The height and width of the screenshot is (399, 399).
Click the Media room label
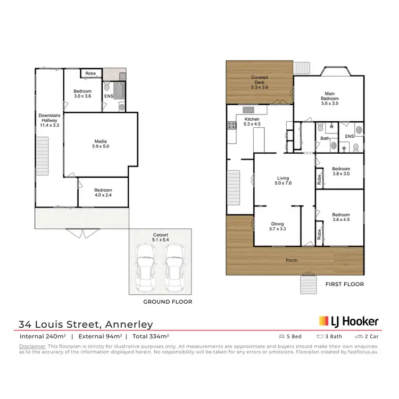(x=101, y=143)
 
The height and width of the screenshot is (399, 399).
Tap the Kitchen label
(x=252, y=122)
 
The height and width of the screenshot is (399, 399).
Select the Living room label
(x=283, y=181)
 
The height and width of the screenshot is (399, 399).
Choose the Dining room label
(x=277, y=227)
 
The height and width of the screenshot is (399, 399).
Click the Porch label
(x=291, y=260)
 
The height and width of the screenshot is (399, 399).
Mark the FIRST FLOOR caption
(x=344, y=284)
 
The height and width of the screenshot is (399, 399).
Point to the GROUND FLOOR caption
(x=168, y=302)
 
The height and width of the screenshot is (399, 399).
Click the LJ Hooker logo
(x=348, y=321)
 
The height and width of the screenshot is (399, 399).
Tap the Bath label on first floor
(x=325, y=138)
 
